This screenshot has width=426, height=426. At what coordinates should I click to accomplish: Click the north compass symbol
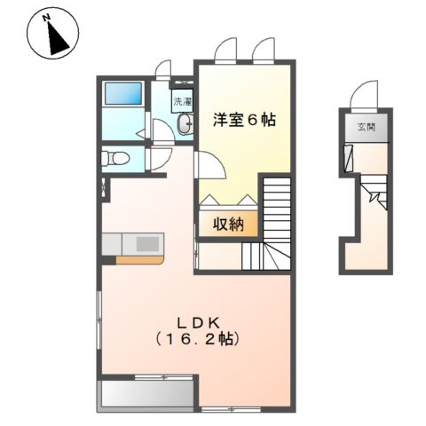coord(55,37)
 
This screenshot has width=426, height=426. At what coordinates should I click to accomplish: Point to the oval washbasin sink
coord(183,127)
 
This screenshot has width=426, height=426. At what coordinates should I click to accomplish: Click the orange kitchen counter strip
coord(138,260)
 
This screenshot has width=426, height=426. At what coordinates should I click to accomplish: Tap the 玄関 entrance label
coord(367,128)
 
